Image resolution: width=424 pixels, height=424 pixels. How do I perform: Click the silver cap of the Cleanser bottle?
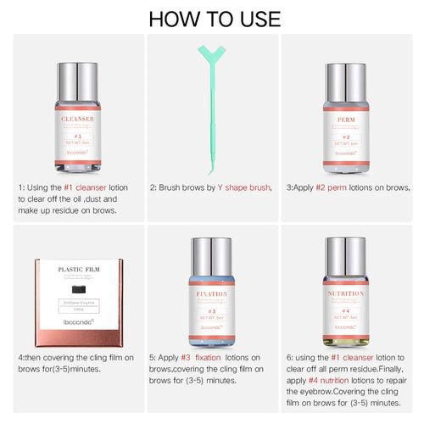77,81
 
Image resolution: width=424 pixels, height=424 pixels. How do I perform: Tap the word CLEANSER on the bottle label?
77,120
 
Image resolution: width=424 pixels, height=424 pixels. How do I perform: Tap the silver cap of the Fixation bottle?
212,258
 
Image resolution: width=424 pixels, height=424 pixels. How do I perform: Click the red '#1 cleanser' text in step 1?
92,187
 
